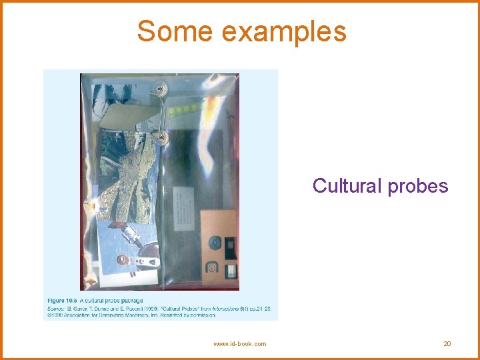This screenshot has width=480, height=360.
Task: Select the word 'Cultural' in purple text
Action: point(346,185)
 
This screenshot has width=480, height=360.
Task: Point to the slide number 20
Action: point(447,343)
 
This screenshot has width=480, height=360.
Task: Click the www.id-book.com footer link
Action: point(239,343)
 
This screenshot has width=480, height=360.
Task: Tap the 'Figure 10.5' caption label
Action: point(63,301)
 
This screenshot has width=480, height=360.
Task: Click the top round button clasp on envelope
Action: point(160,87)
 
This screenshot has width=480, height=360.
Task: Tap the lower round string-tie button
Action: point(162,138)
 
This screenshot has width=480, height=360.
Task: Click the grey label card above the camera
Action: point(181,204)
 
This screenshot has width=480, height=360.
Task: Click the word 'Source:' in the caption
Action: point(56,308)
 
